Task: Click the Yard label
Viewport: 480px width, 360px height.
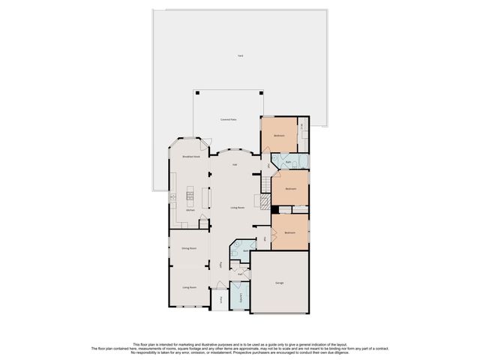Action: tap(240, 56)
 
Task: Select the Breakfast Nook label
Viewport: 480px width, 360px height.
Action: tap(191, 157)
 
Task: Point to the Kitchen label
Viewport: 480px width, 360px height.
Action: tap(190, 210)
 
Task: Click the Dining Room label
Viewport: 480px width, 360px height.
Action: tap(189, 247)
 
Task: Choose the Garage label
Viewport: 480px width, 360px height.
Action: tap(280, 283)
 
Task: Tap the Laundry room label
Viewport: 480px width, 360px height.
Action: tap(240, 298)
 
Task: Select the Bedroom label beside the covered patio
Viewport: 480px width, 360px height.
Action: tap(279, 136)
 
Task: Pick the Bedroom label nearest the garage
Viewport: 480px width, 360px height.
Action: tap(289, 232)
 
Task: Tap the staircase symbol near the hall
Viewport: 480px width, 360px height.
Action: tap(266, 183)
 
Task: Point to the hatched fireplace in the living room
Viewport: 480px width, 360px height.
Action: tap(262, 200)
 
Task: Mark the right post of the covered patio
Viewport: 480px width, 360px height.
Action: tap(262, 93)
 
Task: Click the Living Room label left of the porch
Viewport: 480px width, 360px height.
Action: tap(189, 287)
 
